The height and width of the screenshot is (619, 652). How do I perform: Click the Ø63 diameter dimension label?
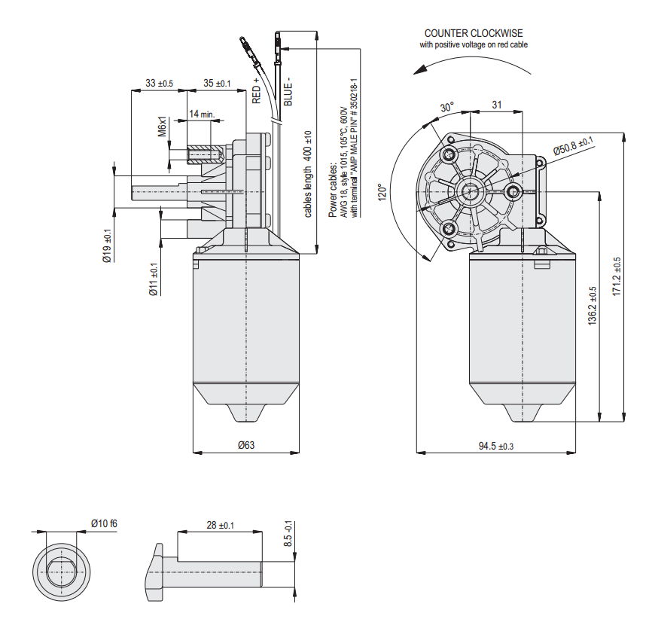pos(245,445)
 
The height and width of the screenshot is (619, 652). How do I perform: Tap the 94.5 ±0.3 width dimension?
pos(496,446)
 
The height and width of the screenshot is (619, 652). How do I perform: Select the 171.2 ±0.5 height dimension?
pos(617,276)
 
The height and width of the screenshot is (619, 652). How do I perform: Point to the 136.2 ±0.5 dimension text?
pos(592,304)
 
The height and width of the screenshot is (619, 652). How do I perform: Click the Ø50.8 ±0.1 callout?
pos(574,146)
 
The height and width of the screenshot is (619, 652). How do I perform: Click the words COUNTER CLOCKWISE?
pos(474,33)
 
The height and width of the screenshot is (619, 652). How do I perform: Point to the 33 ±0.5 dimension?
pos(159,83)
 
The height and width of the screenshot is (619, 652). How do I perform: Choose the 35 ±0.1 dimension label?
pos(217,83)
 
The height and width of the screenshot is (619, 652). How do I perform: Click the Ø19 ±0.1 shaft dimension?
pos(107,245)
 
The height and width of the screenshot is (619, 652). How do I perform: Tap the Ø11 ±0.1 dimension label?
pos(153,279)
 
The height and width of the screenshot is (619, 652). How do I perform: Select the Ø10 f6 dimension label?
pos(105,523)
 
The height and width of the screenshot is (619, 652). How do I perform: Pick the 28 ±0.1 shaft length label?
pos(218,525)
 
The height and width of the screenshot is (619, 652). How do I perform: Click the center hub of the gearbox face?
pos(473,190)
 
